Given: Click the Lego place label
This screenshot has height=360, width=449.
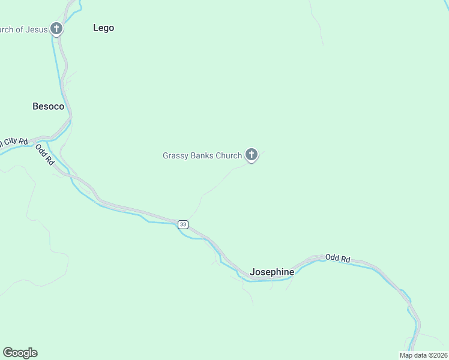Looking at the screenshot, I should tap(103, 28).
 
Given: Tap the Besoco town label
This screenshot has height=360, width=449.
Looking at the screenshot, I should tap(48, 106).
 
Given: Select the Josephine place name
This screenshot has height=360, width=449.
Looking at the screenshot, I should tap(272, 272).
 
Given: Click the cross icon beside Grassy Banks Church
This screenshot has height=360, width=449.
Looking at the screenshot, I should tap(252, 155).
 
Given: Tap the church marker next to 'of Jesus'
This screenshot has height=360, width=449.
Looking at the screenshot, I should tap(56, 28).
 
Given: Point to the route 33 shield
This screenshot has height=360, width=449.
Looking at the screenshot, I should tap(182, 224).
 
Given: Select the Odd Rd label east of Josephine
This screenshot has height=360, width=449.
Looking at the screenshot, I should tap(338, 258).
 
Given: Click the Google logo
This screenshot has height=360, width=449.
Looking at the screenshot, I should tap(20, 353).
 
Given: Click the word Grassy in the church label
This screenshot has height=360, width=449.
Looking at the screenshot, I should tap(175, 156).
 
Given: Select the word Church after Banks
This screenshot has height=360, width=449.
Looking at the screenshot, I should tap(230, 155).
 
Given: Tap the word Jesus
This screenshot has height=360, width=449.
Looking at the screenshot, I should tap(37, 29).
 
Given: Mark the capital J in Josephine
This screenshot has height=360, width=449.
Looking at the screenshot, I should tap(253, 272).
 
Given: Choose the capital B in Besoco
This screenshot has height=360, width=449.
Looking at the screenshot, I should tap(35, 106).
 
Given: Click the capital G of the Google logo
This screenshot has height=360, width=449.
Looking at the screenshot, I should tap(8, 352).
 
